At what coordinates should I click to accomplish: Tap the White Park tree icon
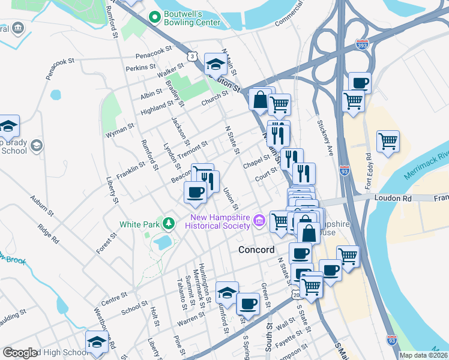(x=170, y=224)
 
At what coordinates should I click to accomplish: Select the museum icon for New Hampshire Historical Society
(x=259, y=221)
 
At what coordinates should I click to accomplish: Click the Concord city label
(x=256, y=250)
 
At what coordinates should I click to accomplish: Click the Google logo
(x=20, y=353)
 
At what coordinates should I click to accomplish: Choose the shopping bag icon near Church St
(x=261, y=100)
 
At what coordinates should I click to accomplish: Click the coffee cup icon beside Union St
(x=194, y=192)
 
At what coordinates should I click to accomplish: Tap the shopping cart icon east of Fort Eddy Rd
(x=388, y=142)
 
